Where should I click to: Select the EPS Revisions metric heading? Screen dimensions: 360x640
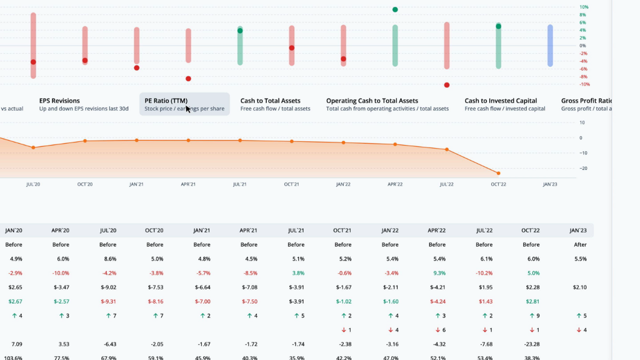click(x=59, y=101)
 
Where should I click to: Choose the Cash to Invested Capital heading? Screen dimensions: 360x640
click(x=501, y=101)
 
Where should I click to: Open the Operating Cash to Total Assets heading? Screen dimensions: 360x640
click(x=372, y=101)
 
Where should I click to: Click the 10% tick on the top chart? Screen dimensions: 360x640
click(x=584, y=7)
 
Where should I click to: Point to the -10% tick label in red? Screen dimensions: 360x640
click(x=583, y=84)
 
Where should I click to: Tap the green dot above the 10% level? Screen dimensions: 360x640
click(x=395, y=10)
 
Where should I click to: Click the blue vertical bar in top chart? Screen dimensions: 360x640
click(x=550, y=46)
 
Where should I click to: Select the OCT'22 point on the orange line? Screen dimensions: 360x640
click(x=498, y=173)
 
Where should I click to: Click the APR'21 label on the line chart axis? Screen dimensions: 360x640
click(x=188, y=184)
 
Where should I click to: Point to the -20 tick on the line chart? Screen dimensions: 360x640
click(x=581, y=168)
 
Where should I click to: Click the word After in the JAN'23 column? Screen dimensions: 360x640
click(x=580, y=244)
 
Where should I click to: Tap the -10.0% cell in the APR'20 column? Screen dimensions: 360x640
click(x=61, y=273)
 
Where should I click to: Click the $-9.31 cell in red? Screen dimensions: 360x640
click(x=107, y=301)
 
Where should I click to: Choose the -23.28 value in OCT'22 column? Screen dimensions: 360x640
click(x=531, y=344)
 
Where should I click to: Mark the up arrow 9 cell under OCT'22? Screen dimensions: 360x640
click(x=531, y=316)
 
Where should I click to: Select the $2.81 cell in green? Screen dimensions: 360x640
click(x=531, y=301)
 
